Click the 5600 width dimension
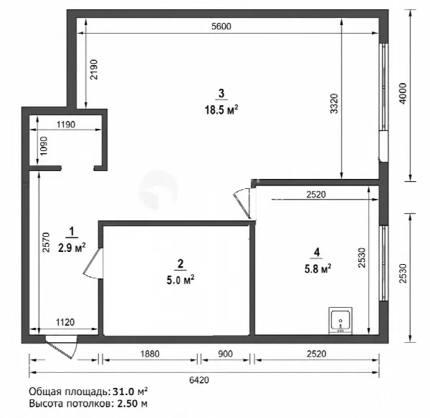pyautogui.click(x=221, y=26)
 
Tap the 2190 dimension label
pyautogui.click(x=94, y=69)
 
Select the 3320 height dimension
pyautogui.click(x=334, y=104)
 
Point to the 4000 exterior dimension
pyautogui.click(x=403, y=94)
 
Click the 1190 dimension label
pyautogui.click(x=65, y=125)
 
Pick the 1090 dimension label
pyautogui.click(x=44, y=146)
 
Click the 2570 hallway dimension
pyautogui.click(x=46, y=243)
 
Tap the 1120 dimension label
pyautogui.click(x=65, y=322)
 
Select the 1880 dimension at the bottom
pyautogui.click(x=150, y=354)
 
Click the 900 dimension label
pyautogui.click(x=225, y=354)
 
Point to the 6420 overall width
pyautogui.click(x=199, y=380)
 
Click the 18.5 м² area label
pyautogui.click(x=221, y=110)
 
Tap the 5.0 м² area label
pyautogui.click(x=181, y=281)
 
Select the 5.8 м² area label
pyautogui.click(x=317, y=268)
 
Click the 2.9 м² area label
pyautogui.click(x=72, y=248)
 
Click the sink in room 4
pyautogui.click(x=340, y=321)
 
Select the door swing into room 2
pyautogui.click(x=93, y=263)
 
